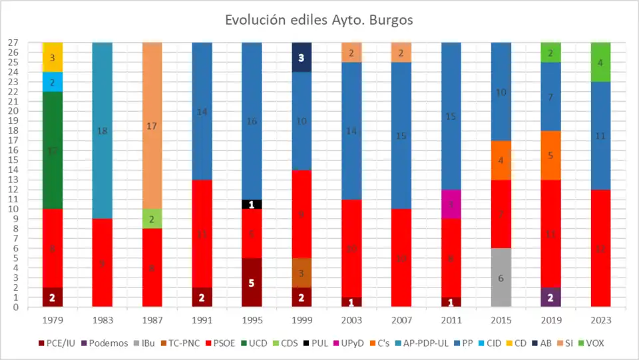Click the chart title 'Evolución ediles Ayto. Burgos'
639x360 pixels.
[319, 20]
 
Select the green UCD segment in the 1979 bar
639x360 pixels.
[52, 150]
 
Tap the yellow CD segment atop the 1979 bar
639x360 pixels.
[52, 57]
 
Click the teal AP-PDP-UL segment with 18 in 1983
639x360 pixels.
[102, 130]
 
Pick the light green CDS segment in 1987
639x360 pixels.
[152, 219]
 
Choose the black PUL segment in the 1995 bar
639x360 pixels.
[251, 204]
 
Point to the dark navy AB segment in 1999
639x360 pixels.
[301, 57]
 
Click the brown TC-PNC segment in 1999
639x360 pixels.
[301, 273]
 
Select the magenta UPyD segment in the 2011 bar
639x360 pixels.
[451, 204]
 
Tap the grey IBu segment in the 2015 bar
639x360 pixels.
[501, 277]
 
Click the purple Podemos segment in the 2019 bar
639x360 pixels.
[550, 297]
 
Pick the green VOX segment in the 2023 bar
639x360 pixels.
[600, 62]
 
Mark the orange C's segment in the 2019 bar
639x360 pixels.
[550, 155]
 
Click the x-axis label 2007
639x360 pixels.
[401, 319]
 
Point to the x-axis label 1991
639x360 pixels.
[202, 319]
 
